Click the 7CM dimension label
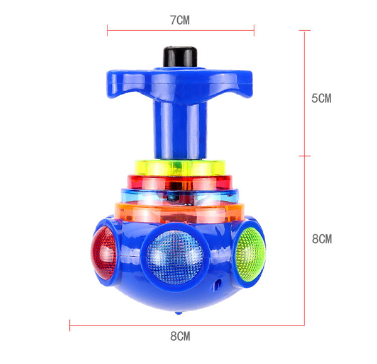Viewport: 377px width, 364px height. [180, 20]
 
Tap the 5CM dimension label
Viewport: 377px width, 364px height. [322, 98]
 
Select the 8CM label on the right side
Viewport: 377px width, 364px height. [322, 239]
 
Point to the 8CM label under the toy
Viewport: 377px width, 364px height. [180, 336]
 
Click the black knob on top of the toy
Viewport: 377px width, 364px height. [180, 57]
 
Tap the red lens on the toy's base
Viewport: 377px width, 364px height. [104, 253]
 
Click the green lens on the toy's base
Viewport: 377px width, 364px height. [251, 254]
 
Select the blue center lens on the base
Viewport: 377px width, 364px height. [175, 256]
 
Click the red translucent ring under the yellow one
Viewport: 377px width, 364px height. [180, 182]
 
